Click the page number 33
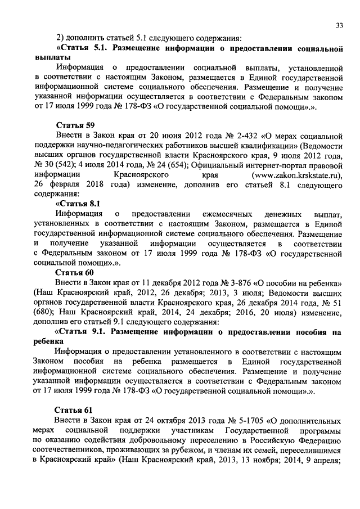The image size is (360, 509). (339, 25)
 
